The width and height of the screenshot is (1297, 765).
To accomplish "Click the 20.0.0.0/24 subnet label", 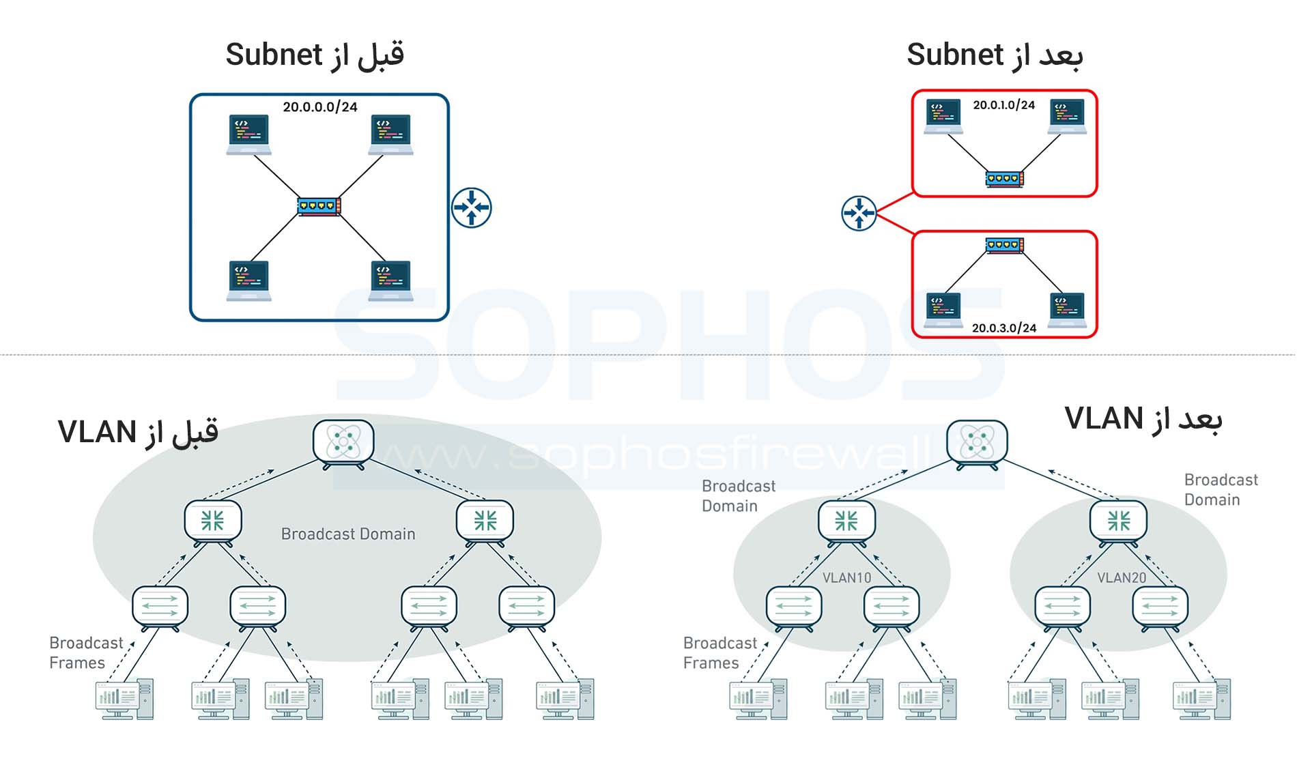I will pos(320,107).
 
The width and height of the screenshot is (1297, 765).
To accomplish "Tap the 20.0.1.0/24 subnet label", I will pos(1003,105).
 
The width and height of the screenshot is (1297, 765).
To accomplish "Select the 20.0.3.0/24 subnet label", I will pos(1003,328).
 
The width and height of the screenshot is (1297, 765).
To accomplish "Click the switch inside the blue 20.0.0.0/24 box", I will pos(319,206).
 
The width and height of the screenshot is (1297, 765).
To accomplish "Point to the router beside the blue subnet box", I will pos(471,207).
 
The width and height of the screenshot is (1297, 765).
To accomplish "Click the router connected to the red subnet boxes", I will pos(859,214).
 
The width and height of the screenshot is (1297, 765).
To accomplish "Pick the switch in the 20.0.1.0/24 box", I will pos(1004,179).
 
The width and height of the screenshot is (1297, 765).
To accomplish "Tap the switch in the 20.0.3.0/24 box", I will pos(1004,245).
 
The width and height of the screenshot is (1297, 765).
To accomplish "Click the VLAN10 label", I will pos(846,578).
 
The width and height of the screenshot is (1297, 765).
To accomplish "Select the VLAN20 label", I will pos(1121,578).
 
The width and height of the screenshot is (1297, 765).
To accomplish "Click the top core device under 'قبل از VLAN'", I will pos(343,442).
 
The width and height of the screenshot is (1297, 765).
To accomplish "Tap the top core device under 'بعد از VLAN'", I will pos(977,442).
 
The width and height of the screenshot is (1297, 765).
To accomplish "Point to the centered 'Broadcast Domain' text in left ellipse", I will pos(348,534).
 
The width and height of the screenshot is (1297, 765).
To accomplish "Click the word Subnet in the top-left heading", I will pos(274,55).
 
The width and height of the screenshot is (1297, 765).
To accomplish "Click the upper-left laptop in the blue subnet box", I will pos(248,134).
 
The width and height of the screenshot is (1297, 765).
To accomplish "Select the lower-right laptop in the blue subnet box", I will pos(390,280).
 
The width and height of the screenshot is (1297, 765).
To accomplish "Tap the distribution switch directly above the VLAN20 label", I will pos(1118,522).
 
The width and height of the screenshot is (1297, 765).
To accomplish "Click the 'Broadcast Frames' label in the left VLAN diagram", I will pos(85,653).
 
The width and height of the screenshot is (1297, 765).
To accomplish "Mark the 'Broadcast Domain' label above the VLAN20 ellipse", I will pos(1221,490).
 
